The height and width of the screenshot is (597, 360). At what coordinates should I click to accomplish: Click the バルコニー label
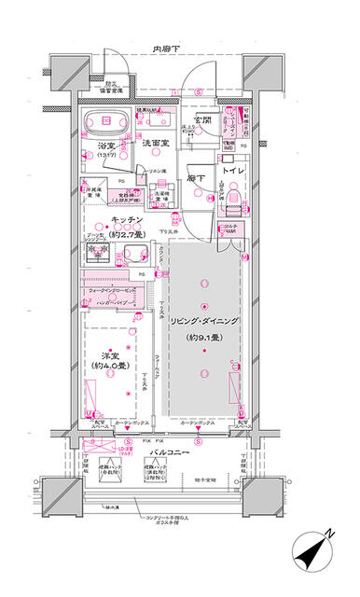pyautogui.click(x=170, y=451)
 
